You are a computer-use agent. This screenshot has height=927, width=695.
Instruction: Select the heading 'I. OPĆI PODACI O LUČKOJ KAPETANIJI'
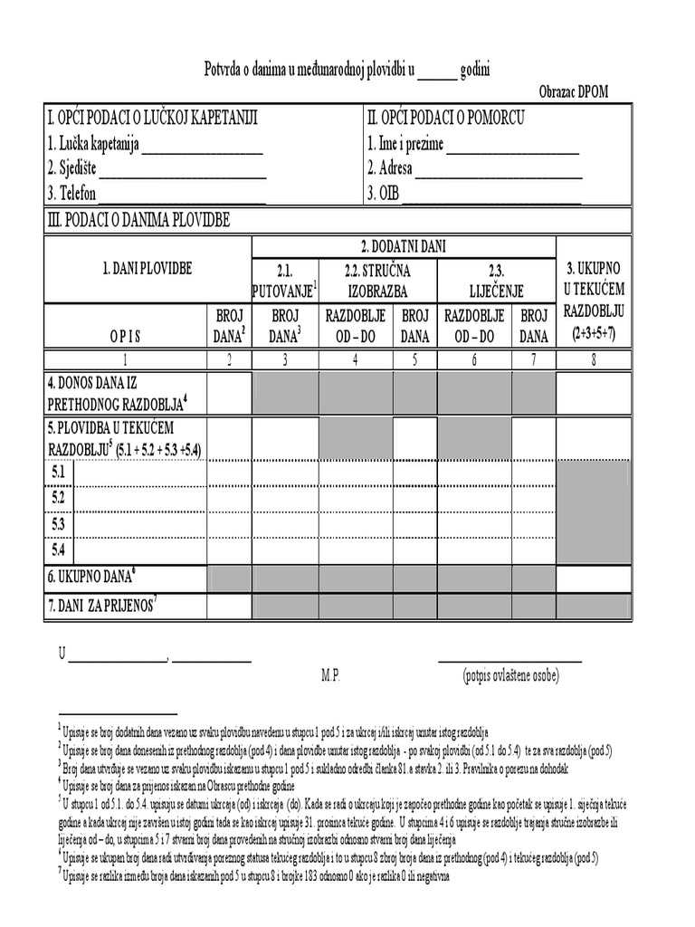click(x=153, y=119)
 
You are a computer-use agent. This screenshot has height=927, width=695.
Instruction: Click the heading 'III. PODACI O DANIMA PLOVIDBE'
click(x=138, y=221)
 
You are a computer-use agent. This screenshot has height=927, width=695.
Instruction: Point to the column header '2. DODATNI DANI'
click(x=403, y=245)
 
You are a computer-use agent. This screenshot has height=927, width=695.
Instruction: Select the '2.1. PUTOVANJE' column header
click(x=285, y=281)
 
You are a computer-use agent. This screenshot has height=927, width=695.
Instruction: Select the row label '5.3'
click(x=59, y=523)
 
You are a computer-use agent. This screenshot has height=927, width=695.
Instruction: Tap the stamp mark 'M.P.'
click(x=330, y=675)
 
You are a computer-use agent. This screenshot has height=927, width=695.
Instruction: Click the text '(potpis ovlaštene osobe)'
click(x=510, y=675)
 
